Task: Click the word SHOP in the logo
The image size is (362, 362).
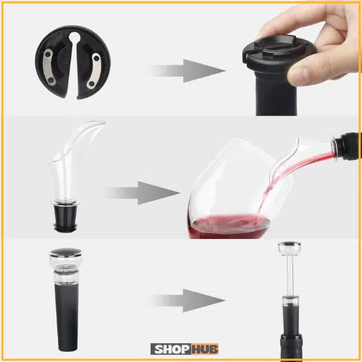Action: (x=172, y=349)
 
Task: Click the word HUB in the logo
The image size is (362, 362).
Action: (x=205, y=349)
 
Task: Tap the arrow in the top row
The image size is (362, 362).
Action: (x=188, y=71)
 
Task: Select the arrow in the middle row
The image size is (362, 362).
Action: (x=143, y=193)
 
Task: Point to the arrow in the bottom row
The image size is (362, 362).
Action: (x=188, y=300)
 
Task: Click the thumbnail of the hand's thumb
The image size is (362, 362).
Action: (x=299, y=75)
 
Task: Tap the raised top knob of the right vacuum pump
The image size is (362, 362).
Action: (x=289, y=248)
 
